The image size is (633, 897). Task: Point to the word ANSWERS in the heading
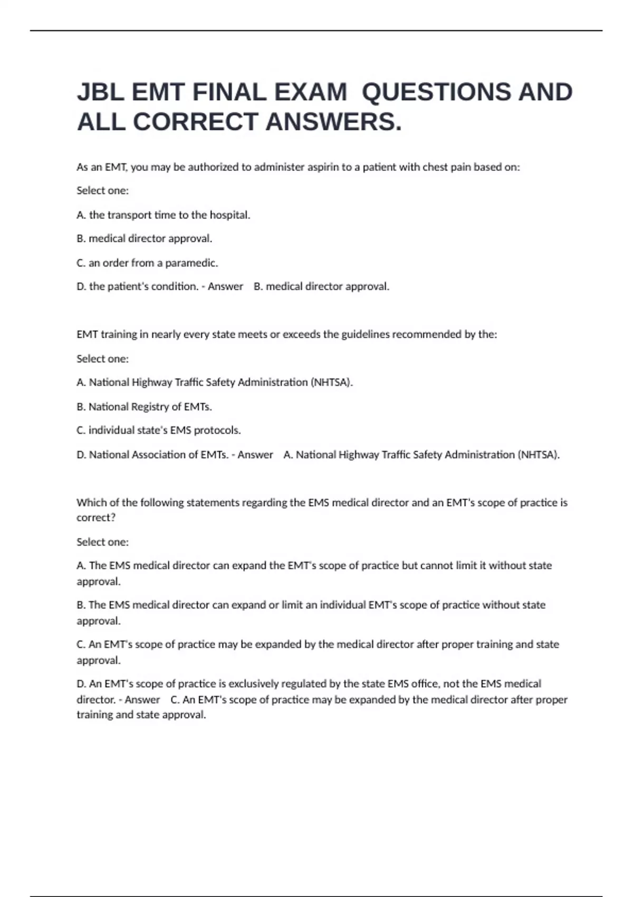pyautogui.click(x=333, y=122)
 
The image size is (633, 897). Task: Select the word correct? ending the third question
pyautogui.click(x=96, y=518)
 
